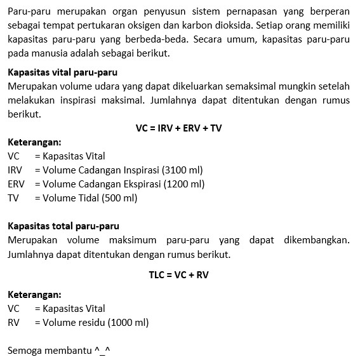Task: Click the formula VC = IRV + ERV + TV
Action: click(178, 128)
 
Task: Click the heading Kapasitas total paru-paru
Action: click(63, 226)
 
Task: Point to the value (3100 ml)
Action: click(183, 170)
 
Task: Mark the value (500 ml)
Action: click(119, 198)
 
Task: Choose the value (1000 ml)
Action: click(128, 322)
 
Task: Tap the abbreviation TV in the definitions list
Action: click(13, 198)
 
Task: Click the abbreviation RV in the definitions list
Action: click(13, 322)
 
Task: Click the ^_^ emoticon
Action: click(103, 350)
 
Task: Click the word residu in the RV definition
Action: click(93, 322)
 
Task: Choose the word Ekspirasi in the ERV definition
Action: click(141, 184)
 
